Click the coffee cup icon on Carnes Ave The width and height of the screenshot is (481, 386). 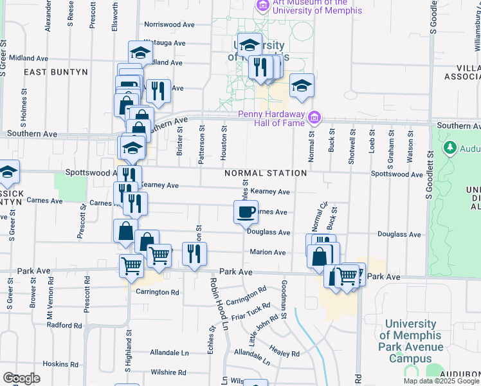click(x=245, y=212)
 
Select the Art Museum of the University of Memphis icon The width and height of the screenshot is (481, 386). click(x=262, y=6)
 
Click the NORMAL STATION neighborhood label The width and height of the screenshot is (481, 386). click(x=266, y=174)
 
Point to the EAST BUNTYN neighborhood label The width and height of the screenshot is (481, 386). click(x=56, y=73)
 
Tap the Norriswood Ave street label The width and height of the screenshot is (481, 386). click(x=169, y=24)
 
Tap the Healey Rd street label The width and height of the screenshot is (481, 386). click(x=286, y=354)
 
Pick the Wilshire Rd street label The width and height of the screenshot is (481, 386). click(x=168, y=372)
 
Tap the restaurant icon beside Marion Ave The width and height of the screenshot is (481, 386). click(x=192, y=253)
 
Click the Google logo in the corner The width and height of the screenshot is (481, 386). click(x=21, y=378)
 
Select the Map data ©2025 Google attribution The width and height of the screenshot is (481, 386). click(x=441, y=381)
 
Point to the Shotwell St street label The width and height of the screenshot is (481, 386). click(x=352, y=150)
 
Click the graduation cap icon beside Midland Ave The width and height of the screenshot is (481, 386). click(x=140, y=52)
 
